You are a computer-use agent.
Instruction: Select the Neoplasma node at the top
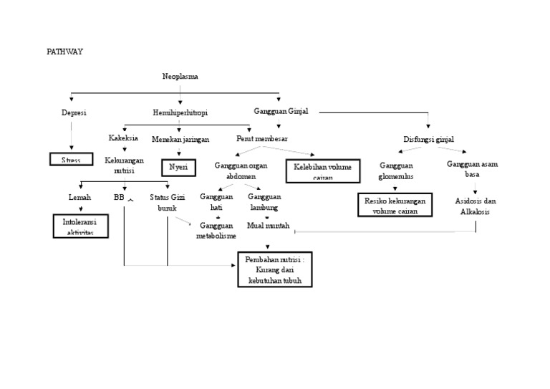(x=180, y=76)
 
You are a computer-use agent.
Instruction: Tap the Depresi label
(x=74, y=112)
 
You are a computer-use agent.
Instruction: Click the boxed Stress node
(x=71, y=159)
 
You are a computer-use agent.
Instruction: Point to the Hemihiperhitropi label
(x=180, y=112)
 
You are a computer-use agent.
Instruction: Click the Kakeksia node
(x=123, y=138)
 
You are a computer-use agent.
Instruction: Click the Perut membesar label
(x=261, y=138)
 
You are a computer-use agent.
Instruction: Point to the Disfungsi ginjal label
(x=429, y=139)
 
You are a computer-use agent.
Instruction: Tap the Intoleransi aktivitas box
(x=80, y=227)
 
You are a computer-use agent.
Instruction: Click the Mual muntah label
(x=268, y=225)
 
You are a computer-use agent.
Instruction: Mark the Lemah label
(x=79, y=197)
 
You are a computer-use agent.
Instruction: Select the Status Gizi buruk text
(x=167, y=202)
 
